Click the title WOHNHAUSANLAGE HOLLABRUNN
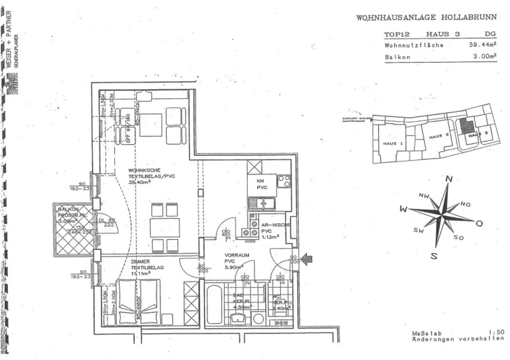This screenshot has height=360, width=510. [x=426, y=17]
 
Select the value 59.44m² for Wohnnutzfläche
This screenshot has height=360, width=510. [x=483, y=45]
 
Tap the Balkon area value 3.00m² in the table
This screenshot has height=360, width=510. [x=485, y=57]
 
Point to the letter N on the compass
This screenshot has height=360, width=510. [x=449, y=179]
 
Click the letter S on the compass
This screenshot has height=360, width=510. [x=434, y=256]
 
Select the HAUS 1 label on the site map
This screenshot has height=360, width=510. [x=393, y=143]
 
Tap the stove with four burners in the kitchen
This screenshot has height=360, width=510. [x=284, y=181]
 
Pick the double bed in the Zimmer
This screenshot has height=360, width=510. [x=138, y=301]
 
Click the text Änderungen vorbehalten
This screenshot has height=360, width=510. [x=454, y=339]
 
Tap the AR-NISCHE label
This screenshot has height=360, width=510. [x=272, y=225]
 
